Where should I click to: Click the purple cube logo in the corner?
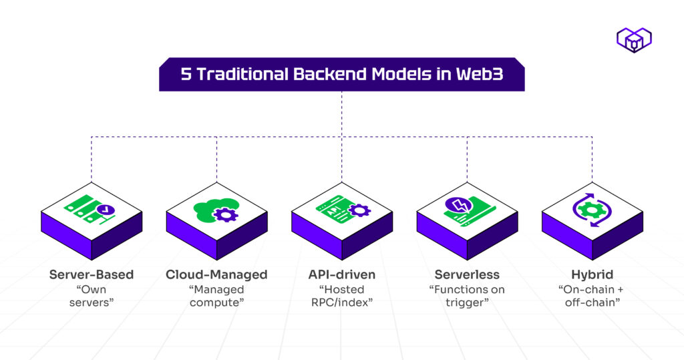633,40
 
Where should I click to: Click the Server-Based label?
92,275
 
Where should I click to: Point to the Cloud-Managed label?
216,275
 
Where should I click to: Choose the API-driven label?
342,275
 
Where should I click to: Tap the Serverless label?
467,275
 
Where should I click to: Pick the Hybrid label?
592,275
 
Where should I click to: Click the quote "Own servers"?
92,296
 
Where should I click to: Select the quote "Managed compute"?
216,296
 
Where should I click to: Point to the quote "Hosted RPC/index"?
342,296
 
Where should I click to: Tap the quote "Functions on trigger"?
467,296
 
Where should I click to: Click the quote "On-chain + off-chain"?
592,296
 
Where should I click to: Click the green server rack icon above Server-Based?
85,208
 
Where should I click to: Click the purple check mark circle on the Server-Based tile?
105,212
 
